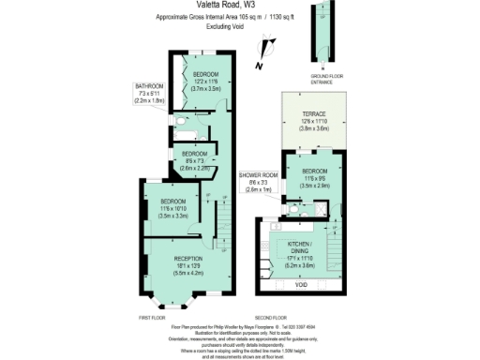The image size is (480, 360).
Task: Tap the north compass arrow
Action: pos(269,43)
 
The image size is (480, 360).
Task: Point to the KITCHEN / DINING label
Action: pos(301,247)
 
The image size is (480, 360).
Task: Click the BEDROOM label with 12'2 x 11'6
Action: pos(205,74)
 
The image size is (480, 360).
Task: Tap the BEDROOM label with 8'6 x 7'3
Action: pos(194,153)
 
